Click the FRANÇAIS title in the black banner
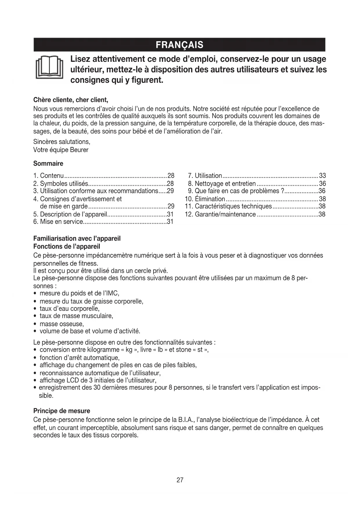[x=180, y=45]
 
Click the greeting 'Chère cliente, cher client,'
[x=71, y=100]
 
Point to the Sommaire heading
[x=48, y=164]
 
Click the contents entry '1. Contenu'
[x=48, y=176]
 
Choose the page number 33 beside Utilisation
[x=322, y=176]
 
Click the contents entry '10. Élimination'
[x=205, y=199]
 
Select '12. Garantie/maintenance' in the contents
[x=220, y=214]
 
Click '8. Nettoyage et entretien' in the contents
[x=222, y=184]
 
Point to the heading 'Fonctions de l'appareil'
[x=67, y=247]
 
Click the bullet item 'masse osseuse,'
[x=61, y=324]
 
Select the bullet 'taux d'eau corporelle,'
[x=70, y=308]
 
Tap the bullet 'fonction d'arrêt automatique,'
[x=79, y=358]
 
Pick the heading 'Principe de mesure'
[x=62, y=411]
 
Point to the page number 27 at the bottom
[x=180, y=480]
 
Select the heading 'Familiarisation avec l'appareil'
[x=77, y=239]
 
